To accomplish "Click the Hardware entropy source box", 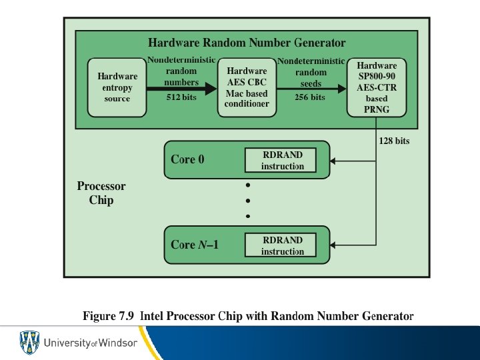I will [x=117, y=87].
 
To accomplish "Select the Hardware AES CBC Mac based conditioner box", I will [x=247, y=87].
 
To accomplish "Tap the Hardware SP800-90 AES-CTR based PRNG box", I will [x=377, y=87].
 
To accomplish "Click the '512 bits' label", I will [x=182, y=97].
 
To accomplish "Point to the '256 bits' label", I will [x=310, y=97].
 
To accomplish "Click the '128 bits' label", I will [x=395, y=141].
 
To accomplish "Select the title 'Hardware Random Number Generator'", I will [x=247, y=43].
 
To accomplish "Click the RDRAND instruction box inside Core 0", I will [x=282, y=161].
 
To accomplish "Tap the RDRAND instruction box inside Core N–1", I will [x=282, y=245].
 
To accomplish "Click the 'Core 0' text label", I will [x=188, y=159].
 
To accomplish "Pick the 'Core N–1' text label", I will [x=195, y=245].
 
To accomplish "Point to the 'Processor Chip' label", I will [x=101, y=193].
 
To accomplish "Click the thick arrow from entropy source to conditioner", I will [x=182, y=87].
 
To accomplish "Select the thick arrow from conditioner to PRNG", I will [x=311, y=87].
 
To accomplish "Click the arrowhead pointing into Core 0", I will [x=334, y=161].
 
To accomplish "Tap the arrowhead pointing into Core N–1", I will [x=334, y=245].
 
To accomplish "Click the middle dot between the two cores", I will [x=248, y=200].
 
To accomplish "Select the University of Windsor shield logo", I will [x=29, y=343].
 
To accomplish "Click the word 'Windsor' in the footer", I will [x=118, y=343].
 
